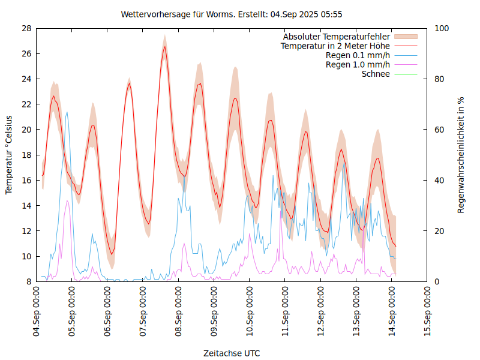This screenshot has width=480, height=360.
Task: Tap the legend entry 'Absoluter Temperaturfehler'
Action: tap(337, 37)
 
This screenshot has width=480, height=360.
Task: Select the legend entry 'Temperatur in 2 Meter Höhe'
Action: tap(335, 46)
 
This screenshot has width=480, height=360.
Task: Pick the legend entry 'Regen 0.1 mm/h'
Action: tap(358, 55)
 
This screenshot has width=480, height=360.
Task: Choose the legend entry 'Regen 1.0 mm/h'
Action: tap(358, 65)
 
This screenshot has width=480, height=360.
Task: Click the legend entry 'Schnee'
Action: tap(376, 74)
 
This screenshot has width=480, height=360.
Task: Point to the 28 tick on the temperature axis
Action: tap(26, 28)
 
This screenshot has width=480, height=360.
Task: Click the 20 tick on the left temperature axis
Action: tap(26, 130)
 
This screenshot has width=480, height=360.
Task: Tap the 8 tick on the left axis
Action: tap(29, 281)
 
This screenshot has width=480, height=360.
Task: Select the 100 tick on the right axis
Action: tap(441, 28)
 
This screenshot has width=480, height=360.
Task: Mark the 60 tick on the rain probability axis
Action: tap(439, 130)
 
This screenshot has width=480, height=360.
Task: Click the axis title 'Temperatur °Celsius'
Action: tap(9, 155)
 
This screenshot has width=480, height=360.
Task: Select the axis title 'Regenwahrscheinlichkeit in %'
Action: tap(461, 155)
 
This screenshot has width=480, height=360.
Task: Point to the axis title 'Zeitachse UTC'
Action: tap(232, 353)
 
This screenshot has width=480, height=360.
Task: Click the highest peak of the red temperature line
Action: tap(165, 46)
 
